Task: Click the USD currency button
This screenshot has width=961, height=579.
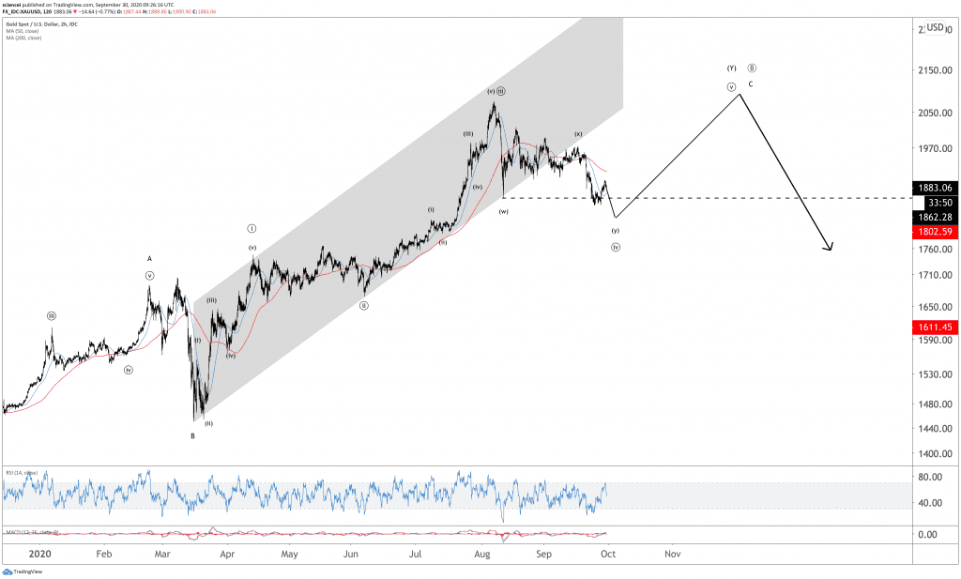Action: [935, 28]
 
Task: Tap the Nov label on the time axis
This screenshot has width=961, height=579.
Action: [672, 554]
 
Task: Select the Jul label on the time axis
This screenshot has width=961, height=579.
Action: [416, 554]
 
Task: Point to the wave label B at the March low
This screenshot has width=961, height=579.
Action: [192, 435]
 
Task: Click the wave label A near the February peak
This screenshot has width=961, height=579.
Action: [149, 258]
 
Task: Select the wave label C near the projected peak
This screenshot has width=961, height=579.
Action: [751, 84]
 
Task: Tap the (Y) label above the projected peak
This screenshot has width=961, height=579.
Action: [732, 69]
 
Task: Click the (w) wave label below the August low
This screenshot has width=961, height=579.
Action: [504, 211]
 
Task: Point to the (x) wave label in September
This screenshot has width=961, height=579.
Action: [578, 134]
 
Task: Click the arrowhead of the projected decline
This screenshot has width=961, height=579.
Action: [830, 249]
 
